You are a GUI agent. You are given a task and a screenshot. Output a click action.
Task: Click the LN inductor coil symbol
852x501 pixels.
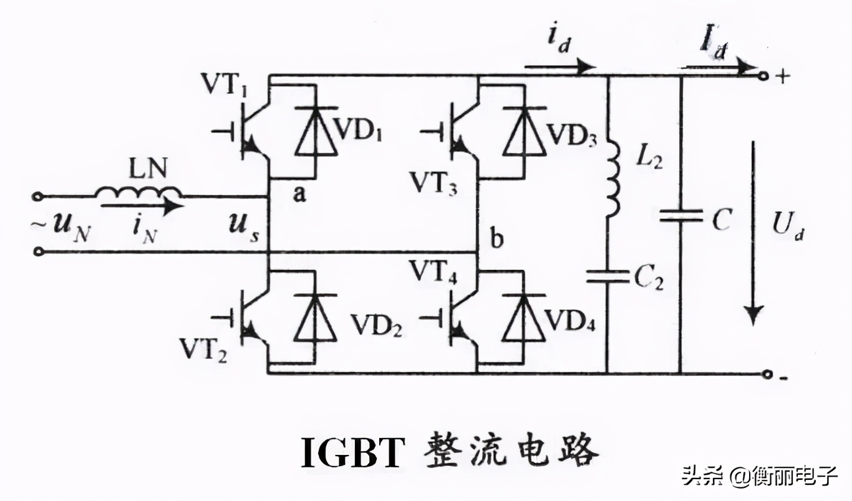(x=138, y=193)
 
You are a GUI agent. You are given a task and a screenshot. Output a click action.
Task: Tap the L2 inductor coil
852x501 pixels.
(x=612, y=179)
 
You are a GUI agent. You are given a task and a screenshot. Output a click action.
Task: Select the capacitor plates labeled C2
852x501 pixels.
(x=607, y=276)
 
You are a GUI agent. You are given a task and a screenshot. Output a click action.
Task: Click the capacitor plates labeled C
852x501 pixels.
(x=681, y=215)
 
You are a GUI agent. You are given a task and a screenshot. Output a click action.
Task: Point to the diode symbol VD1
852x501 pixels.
(x=316, y=131)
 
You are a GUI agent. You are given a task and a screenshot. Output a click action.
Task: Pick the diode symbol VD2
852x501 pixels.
(x=316, y=318)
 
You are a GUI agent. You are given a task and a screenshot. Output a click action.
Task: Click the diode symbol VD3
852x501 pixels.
(x=524, y=131)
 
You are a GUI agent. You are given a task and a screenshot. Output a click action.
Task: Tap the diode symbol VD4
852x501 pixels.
(x=524, y=318)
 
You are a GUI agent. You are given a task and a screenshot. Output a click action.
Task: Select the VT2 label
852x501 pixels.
(x=203, y=350)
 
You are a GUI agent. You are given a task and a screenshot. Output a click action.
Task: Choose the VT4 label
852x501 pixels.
(x=433, y=272)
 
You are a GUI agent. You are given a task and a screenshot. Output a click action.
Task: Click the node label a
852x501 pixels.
(x=299, y=194)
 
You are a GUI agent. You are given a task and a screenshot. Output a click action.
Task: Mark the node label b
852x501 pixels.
(x=496, y=238)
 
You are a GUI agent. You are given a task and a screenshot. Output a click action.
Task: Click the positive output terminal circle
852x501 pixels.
(x=763, y=77)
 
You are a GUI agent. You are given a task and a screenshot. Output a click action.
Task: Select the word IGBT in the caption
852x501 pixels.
(x=351, y=453)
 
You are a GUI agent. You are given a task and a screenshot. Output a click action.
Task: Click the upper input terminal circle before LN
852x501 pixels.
(x=37, y=196)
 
